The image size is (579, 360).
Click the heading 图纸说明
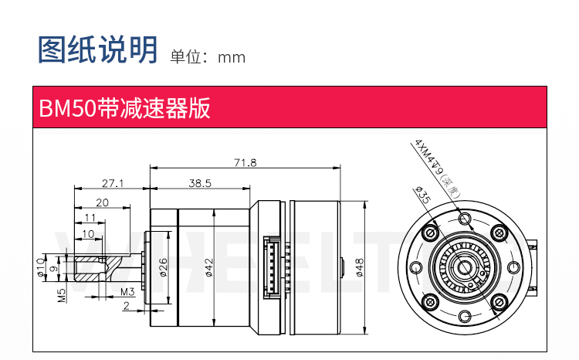coord(98,49)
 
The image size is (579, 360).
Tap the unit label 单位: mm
coord(208,57)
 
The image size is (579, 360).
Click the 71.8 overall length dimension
coord(245,162)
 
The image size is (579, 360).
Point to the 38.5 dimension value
coord(199,182)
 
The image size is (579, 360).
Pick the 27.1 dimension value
coord(113,183)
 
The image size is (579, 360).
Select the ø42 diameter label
coord(209,267)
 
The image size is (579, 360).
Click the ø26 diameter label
coord(163,267)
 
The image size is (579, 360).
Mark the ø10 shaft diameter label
coord(41,267)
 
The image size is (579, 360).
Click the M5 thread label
coord(61,294)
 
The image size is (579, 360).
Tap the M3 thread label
coord(128,292)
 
